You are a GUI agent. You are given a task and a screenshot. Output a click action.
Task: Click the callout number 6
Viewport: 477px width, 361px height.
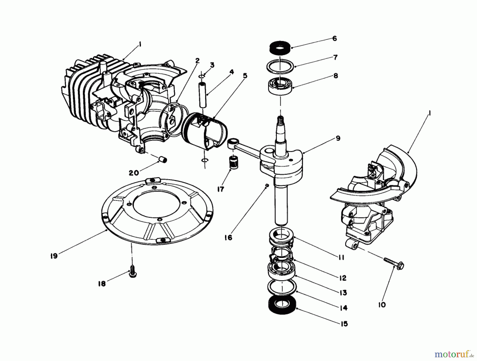point(334,39)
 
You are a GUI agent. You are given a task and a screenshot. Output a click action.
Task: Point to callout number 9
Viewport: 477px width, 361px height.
point(338,138)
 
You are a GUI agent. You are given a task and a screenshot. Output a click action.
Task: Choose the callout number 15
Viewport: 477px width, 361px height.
point(344,324)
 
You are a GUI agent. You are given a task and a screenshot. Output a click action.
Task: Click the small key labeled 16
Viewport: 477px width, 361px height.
point(267,185)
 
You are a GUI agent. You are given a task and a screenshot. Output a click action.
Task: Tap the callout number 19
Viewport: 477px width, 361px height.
point(54,256)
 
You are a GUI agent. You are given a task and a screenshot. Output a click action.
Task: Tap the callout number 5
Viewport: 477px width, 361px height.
point(245,76)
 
